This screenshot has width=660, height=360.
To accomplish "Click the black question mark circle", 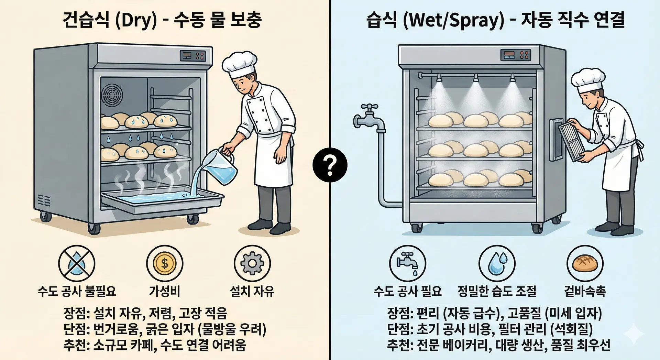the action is pos(330,165).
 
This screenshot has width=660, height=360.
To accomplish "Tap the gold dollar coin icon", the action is pos(165,263).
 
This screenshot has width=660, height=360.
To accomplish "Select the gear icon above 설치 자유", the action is pos(252,263).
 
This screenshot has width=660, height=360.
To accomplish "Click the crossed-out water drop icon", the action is pos(76,263).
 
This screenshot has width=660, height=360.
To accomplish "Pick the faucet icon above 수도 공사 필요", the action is pos(407,263).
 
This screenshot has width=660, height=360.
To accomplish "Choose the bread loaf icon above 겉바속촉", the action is pos(585,263).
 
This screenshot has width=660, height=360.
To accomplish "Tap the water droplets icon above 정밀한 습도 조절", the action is pos(497,263).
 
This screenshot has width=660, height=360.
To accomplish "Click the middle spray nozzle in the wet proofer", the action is pos(476,78).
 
